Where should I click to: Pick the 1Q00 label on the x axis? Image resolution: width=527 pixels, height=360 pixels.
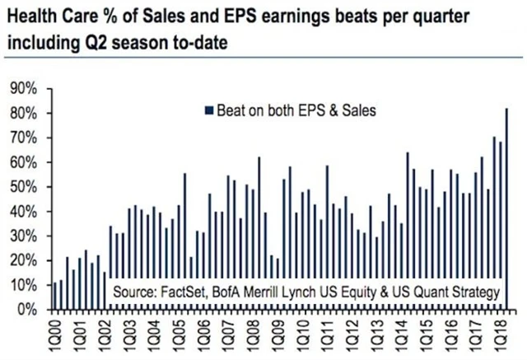(54, 332)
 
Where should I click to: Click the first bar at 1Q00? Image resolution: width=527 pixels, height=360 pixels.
(54, 297)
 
